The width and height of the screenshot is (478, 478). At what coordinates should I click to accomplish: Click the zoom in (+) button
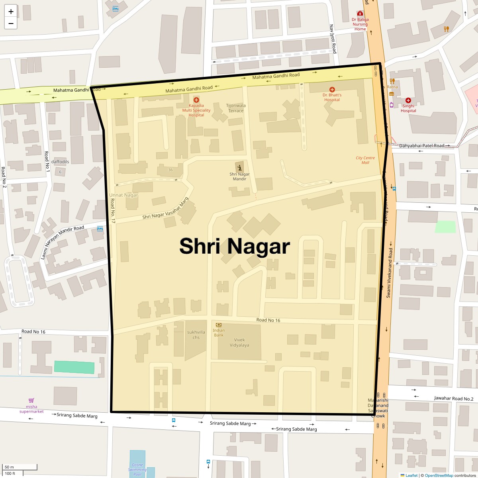[11, 11]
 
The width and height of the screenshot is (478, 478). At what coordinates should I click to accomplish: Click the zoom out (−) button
[11, 24]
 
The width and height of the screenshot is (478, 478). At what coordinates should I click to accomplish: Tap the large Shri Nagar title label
[234, 246]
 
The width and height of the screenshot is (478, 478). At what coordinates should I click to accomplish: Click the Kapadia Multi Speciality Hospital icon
[196, 100]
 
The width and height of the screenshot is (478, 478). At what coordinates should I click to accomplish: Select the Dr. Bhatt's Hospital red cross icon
[332, 89]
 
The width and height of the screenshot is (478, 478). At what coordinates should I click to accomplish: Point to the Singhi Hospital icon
[408, 100]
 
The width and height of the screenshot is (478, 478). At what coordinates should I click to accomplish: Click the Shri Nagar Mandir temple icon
[239, 167]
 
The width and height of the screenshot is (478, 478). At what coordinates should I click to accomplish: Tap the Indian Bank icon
[219, 325]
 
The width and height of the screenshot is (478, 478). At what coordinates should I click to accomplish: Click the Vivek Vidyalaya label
[239, 343]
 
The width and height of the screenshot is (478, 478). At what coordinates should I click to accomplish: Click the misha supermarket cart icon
[31, 400]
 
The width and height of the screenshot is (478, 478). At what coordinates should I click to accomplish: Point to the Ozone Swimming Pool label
[137, 470]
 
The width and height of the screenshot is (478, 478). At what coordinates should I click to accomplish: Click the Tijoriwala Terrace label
[236, 108]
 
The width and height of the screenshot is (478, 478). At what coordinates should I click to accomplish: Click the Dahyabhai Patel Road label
[421, 146]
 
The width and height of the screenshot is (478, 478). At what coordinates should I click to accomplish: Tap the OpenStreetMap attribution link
[439, 475]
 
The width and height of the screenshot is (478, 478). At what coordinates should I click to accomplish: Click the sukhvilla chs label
[196, 335]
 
